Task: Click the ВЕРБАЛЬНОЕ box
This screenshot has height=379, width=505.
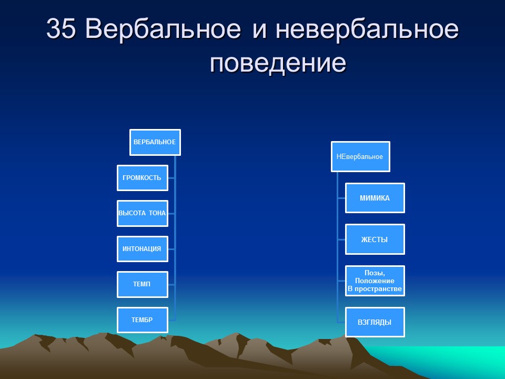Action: tap(155, 142)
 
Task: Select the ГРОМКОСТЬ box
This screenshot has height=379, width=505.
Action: tap(142, 178)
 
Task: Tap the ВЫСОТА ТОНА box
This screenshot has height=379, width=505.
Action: tap(142, 213)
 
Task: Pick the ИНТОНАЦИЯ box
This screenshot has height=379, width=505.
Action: tap(142, 248)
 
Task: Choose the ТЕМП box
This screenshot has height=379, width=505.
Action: tap(142, 284)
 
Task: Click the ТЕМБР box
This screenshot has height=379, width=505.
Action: tap(142, 320)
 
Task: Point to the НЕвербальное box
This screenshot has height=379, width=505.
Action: tap(360, 156)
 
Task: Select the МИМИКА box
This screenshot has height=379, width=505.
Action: tap(375, 198)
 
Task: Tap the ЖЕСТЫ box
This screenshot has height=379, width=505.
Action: tap(375, 240)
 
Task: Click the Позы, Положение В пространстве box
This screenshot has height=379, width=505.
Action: tap(375, 281)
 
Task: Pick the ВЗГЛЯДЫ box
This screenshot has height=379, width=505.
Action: tap(375, 322)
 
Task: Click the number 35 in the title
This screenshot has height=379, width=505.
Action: tap(62, 30)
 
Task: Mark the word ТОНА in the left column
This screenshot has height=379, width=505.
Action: tap(156, 213)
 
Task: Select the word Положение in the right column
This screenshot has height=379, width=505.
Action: tap(375, 281)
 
